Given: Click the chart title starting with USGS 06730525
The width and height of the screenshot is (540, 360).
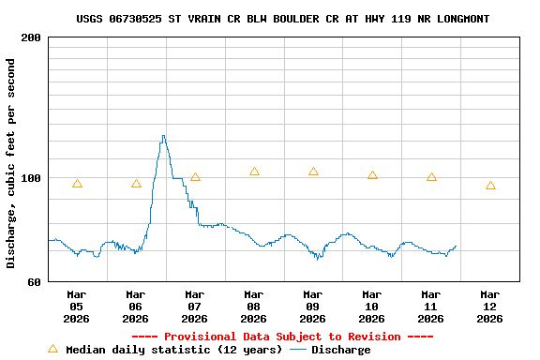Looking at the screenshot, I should [282, 19].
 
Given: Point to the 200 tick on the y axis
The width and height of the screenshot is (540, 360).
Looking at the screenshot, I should [30, 37].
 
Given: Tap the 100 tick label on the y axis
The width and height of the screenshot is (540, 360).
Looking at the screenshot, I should [30, 178].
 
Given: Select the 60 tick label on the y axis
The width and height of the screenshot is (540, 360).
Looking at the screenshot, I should [34, 281].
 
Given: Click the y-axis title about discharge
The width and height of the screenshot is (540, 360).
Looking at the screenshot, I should [11, 163].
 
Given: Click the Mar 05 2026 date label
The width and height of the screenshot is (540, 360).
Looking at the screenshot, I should [76, 306].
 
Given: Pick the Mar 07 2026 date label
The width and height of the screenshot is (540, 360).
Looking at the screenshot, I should [194, 306].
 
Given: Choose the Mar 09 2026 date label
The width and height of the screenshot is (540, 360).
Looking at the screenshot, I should [312, 306].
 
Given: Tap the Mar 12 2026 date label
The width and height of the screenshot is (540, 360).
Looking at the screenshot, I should [489, 306].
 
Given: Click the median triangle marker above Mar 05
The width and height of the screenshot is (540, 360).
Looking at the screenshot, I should [77, 184].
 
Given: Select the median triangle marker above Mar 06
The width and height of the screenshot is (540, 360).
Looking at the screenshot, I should [136, 184].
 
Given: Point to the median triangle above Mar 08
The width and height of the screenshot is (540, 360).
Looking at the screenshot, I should [254, 172].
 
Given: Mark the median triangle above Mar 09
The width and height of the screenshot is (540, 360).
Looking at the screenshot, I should [313, 172].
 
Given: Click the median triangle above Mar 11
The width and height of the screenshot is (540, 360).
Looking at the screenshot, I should [431, 177].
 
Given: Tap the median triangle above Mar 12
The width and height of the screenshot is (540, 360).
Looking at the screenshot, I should [490, 186].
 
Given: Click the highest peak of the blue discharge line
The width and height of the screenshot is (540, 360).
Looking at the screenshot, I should [163, 136].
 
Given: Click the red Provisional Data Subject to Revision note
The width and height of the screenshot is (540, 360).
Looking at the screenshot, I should [282, 337].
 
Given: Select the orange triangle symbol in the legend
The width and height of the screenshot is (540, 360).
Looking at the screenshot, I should [52, 349].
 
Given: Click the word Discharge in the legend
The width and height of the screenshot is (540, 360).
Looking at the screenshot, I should [340, 350].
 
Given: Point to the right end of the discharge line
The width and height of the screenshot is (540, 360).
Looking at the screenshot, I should [457, 246].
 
